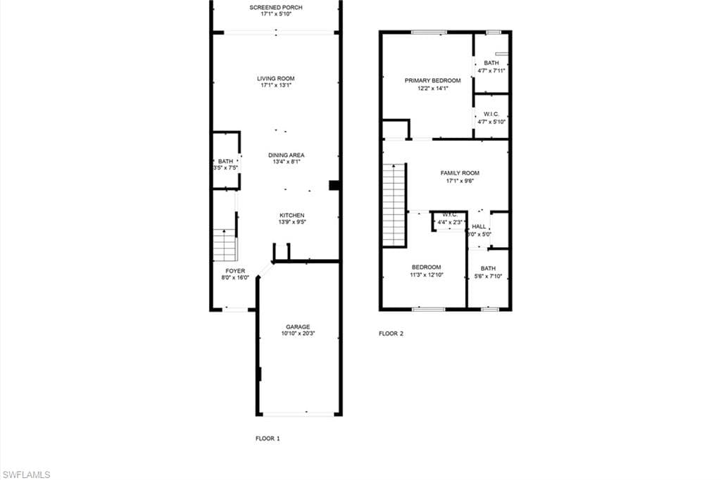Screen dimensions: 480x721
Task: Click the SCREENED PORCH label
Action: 275,8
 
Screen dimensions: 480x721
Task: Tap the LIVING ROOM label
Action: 275,78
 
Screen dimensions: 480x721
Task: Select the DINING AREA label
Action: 287,155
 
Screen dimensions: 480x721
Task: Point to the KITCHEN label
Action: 291,215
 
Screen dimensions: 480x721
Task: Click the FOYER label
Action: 234,270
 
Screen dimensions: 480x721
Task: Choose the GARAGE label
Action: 298,327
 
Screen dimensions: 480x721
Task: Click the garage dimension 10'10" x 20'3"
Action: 298,334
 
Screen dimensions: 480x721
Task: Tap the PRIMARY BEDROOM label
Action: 432,80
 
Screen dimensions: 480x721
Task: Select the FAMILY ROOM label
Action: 460,172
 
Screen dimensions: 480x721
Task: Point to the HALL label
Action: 479,227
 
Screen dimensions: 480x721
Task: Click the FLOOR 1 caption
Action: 268,438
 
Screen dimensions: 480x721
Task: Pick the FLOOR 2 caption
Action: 391,334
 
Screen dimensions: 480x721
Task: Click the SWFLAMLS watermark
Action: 26,474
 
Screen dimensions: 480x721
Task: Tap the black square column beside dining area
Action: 334,186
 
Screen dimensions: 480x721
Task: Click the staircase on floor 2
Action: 394,204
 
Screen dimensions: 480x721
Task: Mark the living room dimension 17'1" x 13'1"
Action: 275,85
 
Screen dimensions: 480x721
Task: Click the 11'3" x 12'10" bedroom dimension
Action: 426,274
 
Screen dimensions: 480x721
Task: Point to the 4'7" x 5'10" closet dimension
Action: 491,122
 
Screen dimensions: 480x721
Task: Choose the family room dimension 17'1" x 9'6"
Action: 460,180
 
